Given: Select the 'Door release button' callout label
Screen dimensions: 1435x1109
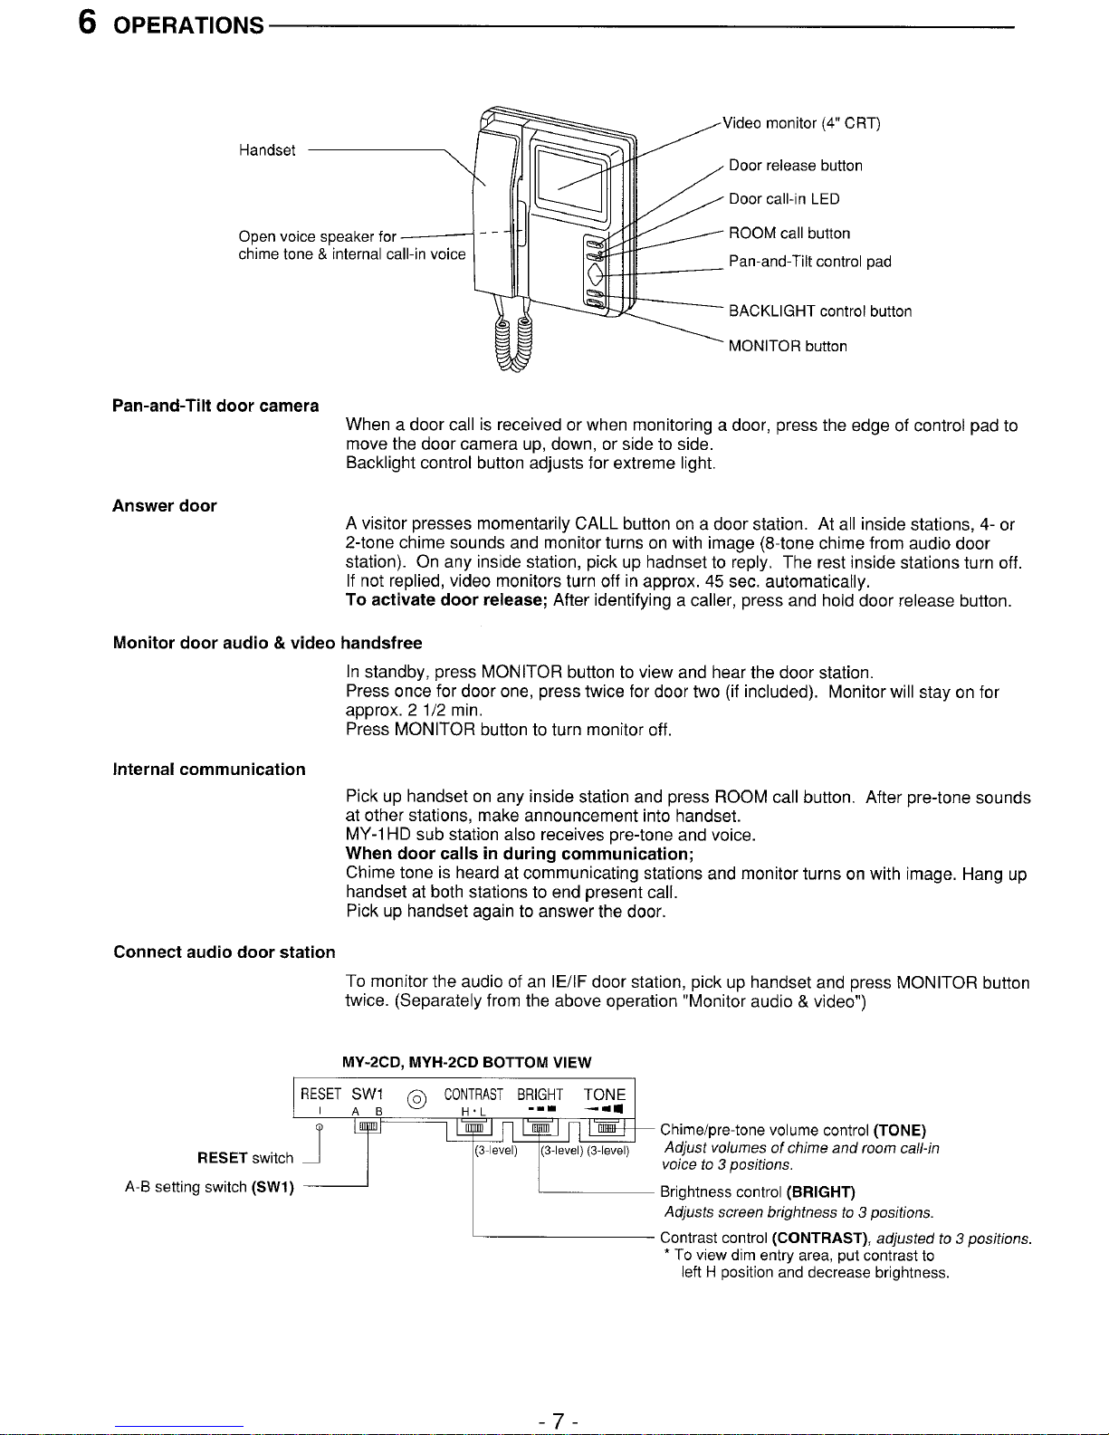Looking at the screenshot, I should tap(795, 166).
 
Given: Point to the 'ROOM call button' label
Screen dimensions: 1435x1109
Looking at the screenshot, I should tap(789, 234).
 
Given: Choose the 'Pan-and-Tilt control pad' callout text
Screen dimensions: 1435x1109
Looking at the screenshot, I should tap(809, 262).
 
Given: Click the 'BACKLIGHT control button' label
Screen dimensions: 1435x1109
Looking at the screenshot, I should tap(819, 311).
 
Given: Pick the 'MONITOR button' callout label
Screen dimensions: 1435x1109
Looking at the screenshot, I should tap(788, 346).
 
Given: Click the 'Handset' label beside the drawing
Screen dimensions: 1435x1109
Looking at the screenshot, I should tap(267, 150).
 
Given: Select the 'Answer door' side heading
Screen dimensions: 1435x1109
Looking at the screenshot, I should tap(164, 506).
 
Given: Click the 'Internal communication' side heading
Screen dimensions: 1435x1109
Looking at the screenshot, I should tap(209, 770).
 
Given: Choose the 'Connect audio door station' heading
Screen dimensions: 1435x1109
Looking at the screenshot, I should tap(224, 952).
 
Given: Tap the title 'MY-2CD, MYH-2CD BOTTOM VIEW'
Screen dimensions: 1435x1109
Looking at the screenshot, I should tap(466, 1061).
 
